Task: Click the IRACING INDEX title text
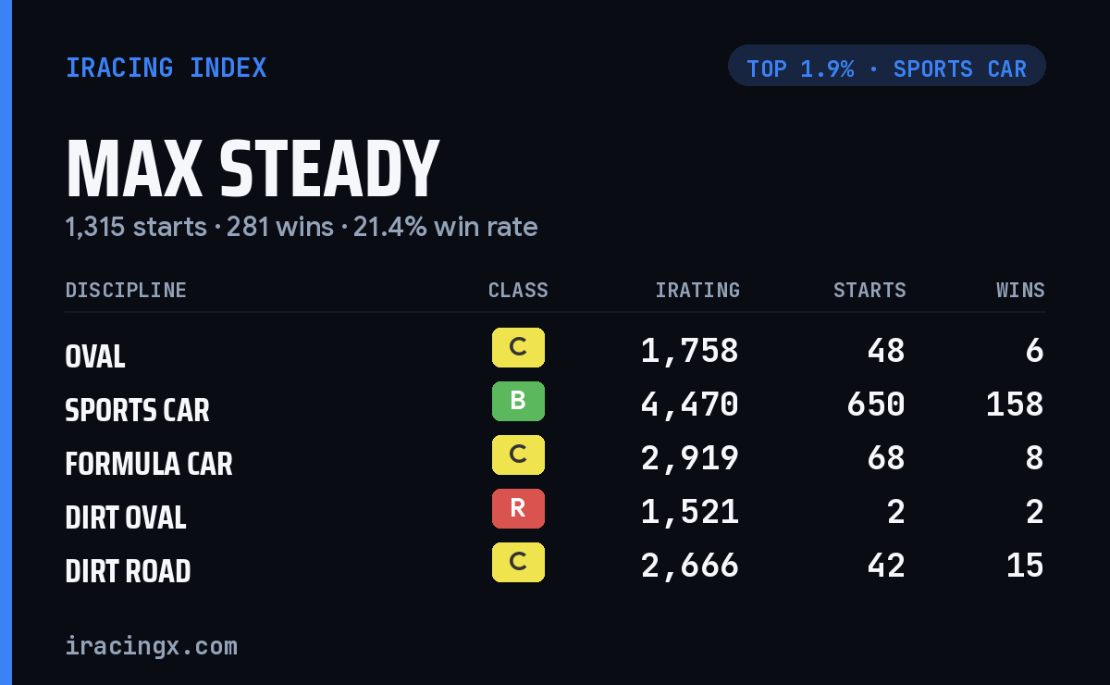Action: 166,68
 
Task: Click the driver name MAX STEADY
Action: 253,168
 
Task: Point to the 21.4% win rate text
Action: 445,227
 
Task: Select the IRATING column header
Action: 697,290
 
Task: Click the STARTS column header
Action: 869,290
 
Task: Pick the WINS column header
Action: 1021,290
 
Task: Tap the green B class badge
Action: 518,401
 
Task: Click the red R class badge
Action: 518,508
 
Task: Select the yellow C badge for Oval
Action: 518,348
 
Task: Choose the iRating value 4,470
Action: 689,405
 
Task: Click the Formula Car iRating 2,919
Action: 689,458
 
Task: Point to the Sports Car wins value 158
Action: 1015,405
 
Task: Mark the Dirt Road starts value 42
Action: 886,566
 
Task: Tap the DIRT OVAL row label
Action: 126,517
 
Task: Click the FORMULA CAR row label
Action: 149,464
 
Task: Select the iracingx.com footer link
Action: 152,646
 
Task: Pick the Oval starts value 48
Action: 886,351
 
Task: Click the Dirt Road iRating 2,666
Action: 689,566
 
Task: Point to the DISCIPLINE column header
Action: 126,290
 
